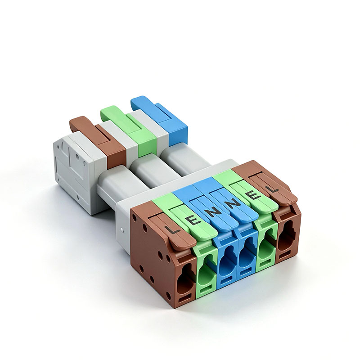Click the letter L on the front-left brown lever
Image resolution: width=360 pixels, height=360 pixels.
tap(172, 230)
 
